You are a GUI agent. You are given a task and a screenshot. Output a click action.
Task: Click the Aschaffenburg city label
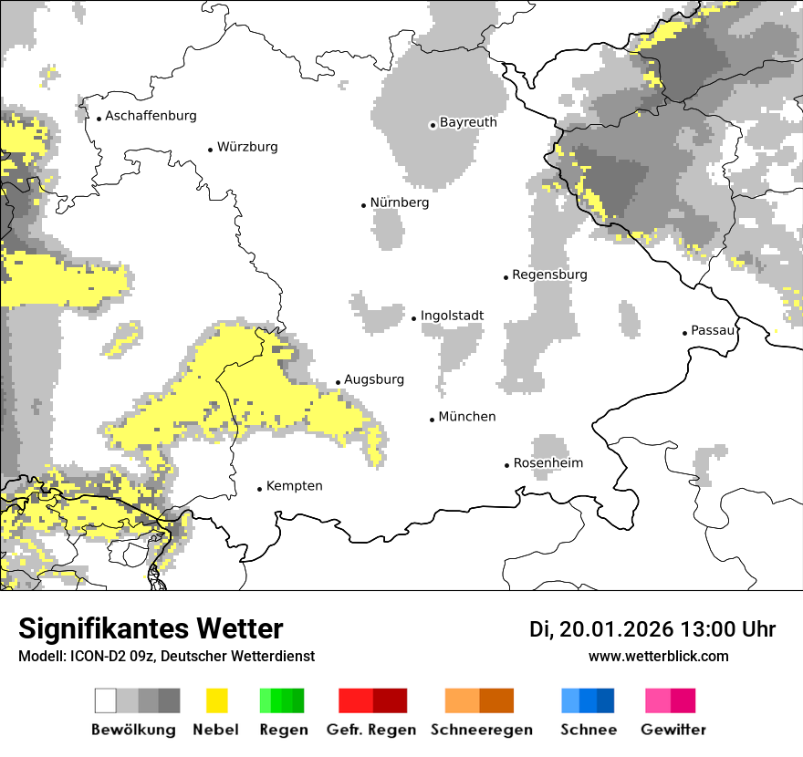click(151, 116)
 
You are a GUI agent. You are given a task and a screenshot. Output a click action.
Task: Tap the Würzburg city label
click(247, 147)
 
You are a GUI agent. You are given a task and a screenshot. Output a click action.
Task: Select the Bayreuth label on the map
click(468, 122)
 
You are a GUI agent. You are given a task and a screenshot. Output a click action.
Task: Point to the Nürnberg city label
click(399, 202)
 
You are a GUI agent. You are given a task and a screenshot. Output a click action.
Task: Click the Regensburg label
click(549, 275)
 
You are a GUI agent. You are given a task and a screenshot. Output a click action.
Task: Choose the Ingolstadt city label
click(452, 316)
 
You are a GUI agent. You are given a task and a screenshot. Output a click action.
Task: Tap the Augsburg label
click(373, 379)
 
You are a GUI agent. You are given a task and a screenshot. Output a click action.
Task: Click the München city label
click(467, 417)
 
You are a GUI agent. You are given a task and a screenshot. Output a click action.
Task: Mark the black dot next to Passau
click(684, 333)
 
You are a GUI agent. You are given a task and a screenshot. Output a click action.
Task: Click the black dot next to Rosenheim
click(506, 465)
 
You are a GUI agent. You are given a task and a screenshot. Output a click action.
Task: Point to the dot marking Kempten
click(259, 489)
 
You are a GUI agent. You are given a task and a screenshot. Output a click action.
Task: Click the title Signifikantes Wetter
click(151, 629)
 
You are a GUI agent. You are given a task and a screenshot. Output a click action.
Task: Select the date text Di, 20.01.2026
click(601, 629)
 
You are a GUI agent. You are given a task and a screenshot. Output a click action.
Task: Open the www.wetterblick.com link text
click(658, 656)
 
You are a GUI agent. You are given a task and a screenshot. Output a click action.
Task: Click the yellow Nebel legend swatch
click(216, 700)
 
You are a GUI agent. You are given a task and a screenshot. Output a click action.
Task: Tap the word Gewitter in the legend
click(673, 730)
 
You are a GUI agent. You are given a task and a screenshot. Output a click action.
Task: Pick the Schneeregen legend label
click(481, 730)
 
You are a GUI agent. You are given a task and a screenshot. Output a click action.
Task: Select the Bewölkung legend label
click(133, 730)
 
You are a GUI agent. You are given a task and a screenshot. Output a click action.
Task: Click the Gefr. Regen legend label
click(371, 730)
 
